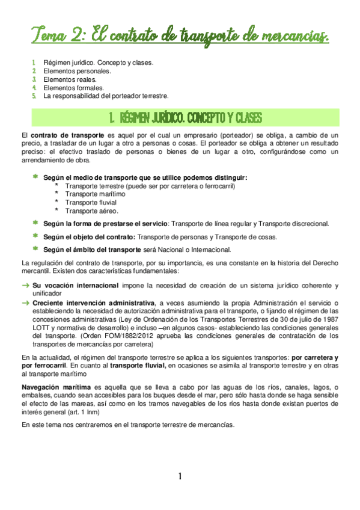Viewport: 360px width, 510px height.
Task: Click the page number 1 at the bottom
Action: click(x=180, y=477)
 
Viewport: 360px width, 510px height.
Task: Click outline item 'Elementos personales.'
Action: click(x=78, y=70)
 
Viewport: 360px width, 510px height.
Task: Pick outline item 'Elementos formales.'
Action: click(x=73, y=87)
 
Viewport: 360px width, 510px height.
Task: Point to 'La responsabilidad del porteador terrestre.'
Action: click(x=106, y=96)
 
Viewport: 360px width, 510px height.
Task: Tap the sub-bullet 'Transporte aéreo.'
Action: click(x=92, y=211)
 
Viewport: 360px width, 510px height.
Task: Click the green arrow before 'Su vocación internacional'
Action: click(x=25, y=284)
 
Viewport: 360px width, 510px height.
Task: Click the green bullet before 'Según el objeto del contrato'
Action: click(x=35, y=236)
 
